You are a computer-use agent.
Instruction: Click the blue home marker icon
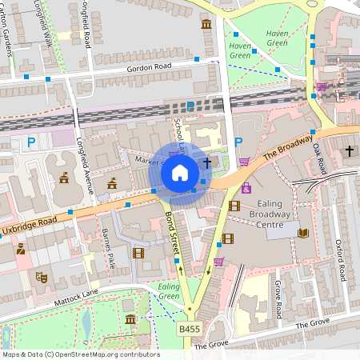(180, 173)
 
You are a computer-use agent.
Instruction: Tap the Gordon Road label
(150, 69)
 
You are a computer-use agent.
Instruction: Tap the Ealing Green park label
(168, 291)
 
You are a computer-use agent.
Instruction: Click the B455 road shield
(190, 329)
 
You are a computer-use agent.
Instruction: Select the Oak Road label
(321, 159)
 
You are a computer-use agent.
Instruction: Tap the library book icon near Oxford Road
(302, 233)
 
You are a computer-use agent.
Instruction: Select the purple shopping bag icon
(246, 188)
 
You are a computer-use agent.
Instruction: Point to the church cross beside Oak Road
(349, 150)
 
